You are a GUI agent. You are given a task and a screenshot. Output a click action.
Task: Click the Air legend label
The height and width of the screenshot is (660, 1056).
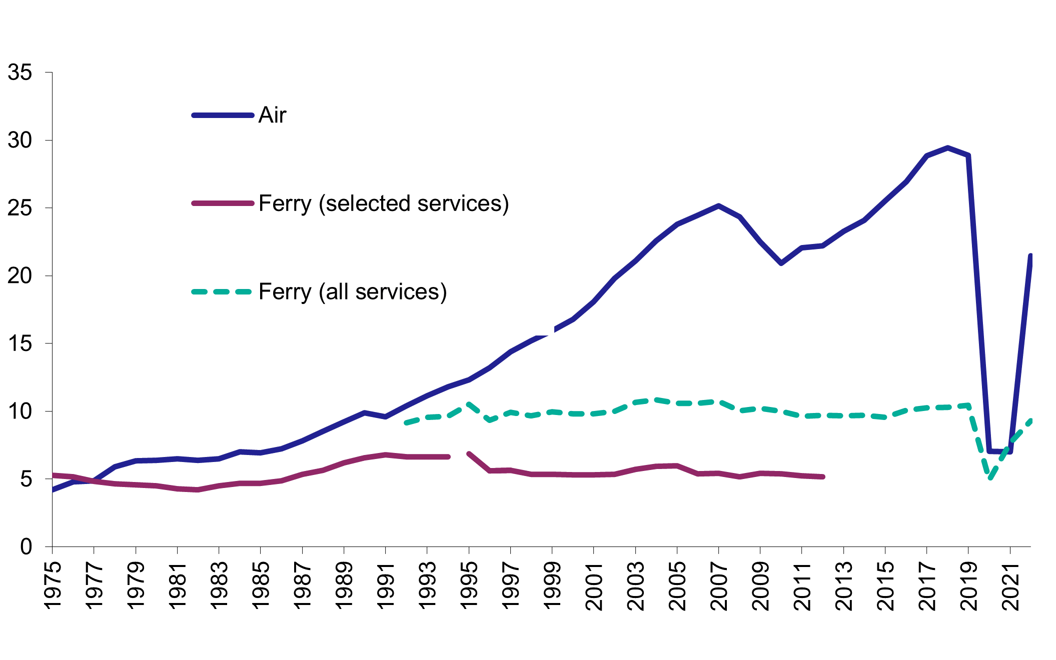tap(272, 115)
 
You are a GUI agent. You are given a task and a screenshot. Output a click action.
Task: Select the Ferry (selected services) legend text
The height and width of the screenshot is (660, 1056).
tap(384, 203)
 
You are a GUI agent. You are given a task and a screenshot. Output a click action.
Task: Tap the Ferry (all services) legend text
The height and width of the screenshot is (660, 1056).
tap(353, 292)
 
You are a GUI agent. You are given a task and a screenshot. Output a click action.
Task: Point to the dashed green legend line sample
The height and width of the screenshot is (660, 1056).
tap(222, 291)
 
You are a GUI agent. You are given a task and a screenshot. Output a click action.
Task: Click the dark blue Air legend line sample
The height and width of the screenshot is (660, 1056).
tap(222, 115)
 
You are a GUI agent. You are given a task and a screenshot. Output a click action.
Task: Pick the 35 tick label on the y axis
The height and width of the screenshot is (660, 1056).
tap(20, 73)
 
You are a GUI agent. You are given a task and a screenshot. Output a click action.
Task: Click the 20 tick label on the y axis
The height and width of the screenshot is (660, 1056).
tap(20, 276)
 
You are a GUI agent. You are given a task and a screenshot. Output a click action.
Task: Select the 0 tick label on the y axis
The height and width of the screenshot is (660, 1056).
tap(26, 547)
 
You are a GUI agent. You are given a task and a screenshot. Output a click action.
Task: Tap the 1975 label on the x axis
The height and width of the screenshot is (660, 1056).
tap(53, 585)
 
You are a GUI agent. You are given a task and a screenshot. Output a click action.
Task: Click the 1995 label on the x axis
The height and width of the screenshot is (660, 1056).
tap(469, 585)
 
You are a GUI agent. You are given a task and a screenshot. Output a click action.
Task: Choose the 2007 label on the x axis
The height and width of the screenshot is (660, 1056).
tap(719, 585)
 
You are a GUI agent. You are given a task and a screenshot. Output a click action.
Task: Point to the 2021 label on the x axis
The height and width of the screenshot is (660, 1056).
tap(1010, 585)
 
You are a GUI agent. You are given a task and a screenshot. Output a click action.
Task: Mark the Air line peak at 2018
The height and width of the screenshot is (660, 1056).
tap(947, 148)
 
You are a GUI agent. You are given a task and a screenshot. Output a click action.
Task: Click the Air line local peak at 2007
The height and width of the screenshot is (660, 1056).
tap(718, 205)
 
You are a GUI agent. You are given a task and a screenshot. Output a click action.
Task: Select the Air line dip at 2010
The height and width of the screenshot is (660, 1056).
tap(781, 263)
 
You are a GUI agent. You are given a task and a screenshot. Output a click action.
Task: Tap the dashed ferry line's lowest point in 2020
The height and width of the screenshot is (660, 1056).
tap(990, 477)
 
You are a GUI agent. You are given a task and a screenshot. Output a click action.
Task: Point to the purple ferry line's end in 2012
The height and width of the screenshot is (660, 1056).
tap(822, 477)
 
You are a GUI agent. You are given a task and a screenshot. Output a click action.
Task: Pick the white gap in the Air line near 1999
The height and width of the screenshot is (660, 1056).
tap(550, 331)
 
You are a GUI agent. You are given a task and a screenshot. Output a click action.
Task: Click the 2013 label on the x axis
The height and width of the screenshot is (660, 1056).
tap(844, 585)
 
